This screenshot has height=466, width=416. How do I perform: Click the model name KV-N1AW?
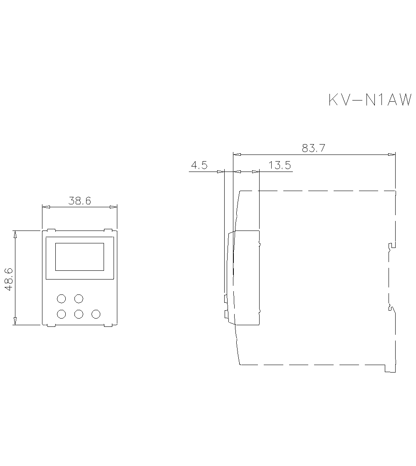pyautogui.click(x=370, y=100)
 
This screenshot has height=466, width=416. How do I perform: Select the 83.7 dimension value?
pyautogui.click(x=313, y=148)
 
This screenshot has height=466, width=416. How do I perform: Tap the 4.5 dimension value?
pyautogui.click(x=199, y=165)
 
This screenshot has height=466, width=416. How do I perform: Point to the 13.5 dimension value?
pyautogui.click(x=279, y=165)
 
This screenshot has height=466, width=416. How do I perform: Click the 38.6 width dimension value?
pyautogui.click(x=79, y=201)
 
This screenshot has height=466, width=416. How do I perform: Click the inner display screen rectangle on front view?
pyautogui.click(x=79, y=257)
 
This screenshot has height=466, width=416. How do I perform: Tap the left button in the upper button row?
pyautogui.click(x=61, y=298)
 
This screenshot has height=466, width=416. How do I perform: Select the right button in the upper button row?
pyautogui.click(x=79, y=298)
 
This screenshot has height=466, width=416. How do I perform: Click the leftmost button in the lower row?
pyautogui.click(x=61, y=314)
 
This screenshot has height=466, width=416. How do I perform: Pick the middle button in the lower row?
pyautogui.click(x=79, y=314)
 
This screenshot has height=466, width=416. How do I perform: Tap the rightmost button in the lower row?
pyautogui.click(x=96, y=314)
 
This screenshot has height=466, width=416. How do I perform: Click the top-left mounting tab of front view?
pyautogui.click(x=51, y=229)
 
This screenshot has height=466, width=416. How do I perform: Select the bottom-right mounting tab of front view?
pyautogui.click(x=108, y=326)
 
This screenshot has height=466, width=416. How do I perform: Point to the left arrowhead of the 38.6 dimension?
pyautogui.click(x=46, y=207)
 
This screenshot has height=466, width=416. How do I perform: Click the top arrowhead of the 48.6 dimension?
pyautogui.click(x=15, y=234)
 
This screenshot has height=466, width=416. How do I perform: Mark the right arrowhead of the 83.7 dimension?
pyautogui.click(x=392, y=155)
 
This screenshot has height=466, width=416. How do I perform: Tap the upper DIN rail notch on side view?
pyautogui.click(x=391, y=247)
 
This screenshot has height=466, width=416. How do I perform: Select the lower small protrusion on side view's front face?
pyautogui.click(x=226, y=314)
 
